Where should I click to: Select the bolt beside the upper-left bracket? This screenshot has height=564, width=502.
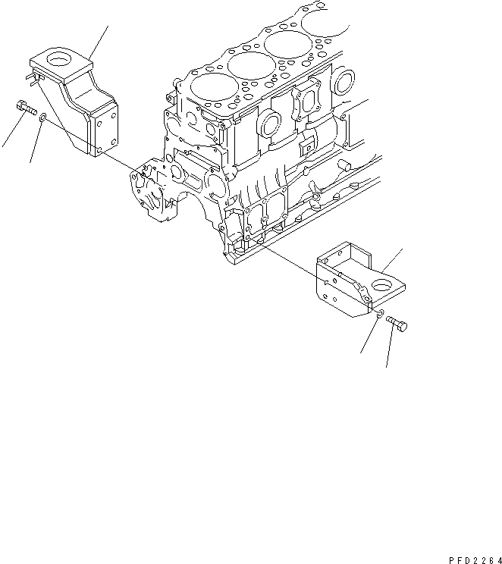point(26,111)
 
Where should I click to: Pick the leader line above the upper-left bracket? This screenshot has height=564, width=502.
point(99,41)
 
